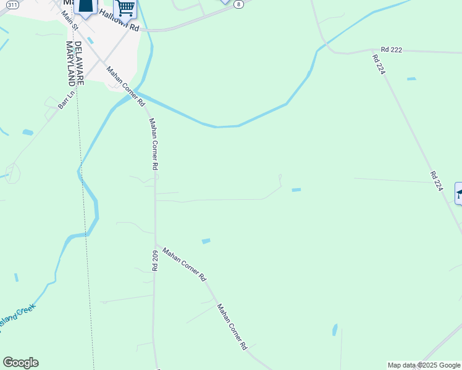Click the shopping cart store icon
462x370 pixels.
[x=125, y=9]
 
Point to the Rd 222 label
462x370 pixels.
[x=392, y=50]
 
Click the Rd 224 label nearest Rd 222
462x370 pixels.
[x=379, y=65]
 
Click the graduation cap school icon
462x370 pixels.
[x=459, y=194]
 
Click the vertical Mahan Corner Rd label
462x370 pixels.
[x=154, y=144]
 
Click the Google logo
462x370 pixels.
[x=20, y=363]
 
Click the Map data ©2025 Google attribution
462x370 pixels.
[x=424, y=365]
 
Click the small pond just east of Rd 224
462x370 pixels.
[x=411, y=79]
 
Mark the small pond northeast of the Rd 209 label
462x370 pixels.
[x=206, y=240]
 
